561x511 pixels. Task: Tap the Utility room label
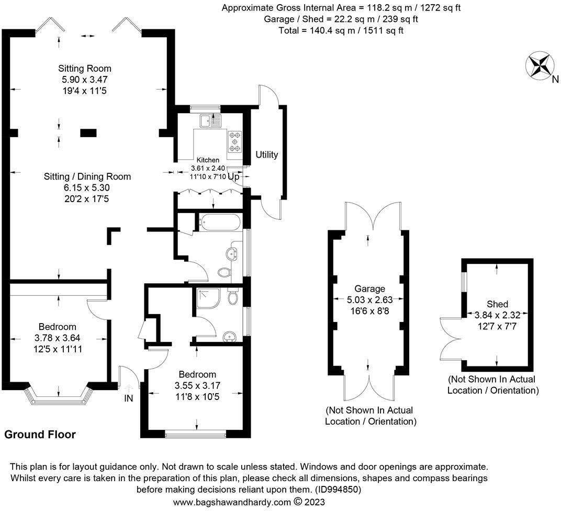point(266,154)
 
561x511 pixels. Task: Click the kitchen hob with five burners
point(234,141)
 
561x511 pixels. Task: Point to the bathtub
point(219,222)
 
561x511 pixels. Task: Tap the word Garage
point(369,289)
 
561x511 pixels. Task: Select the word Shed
point(497,304)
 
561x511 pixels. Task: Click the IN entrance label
point(128,398)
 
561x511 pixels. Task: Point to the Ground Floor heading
point(40,435)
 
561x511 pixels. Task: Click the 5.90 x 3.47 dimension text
point(85,80)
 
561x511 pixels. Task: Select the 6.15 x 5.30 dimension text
point(87,187)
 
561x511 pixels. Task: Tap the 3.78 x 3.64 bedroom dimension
point(57,338)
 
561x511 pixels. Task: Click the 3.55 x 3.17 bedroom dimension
point(197,385)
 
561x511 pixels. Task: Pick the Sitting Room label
point(85,69)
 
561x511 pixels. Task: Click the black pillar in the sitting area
point(88,133)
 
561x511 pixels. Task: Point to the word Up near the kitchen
point(233,177)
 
